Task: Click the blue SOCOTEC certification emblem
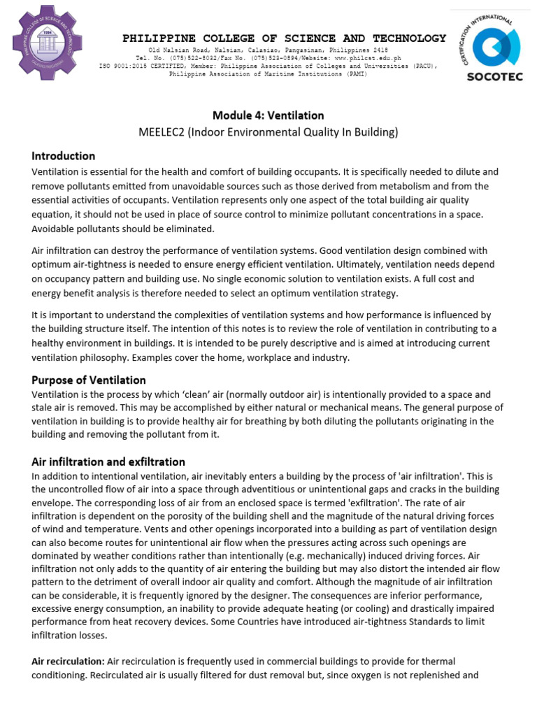coord(494,44)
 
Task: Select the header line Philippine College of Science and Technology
coord(284,38)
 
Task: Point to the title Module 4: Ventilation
coord(268,115)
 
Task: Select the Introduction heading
coord(64,156)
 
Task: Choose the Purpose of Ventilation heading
coord(89,380)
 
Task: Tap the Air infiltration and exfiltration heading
coord(108,461)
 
